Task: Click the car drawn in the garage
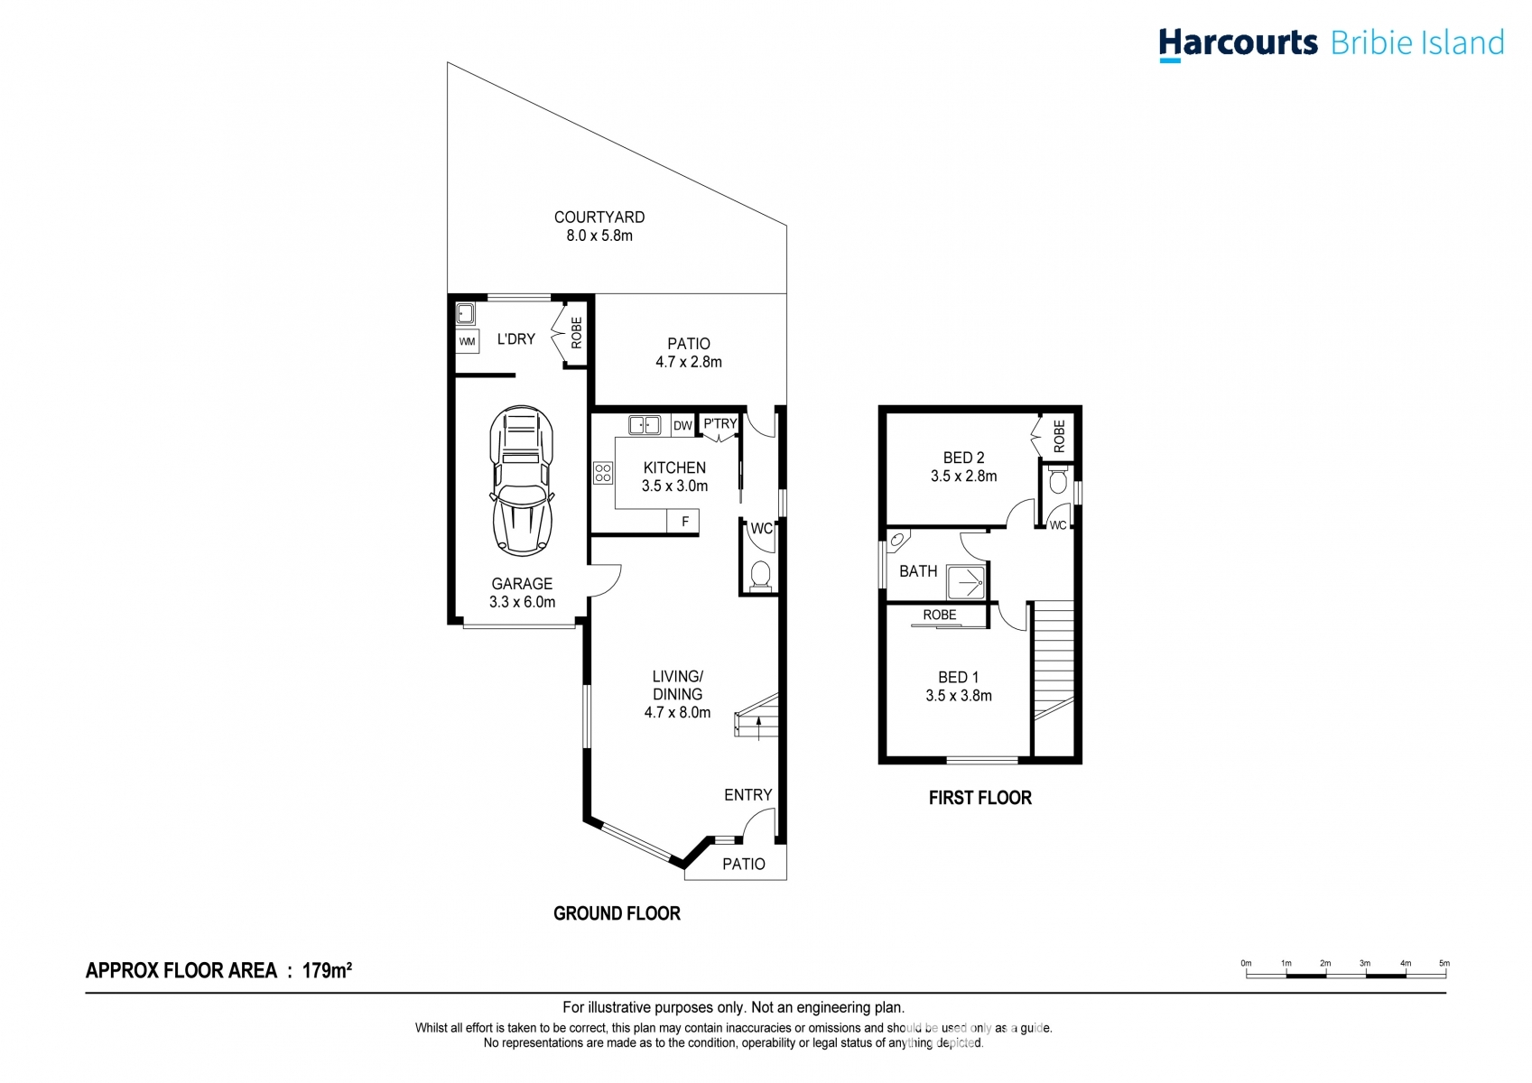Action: click(521, 480)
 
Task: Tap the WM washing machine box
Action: click(467, 341)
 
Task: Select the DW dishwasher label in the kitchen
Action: click(682, 426)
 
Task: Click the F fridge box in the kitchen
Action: click(684, 522)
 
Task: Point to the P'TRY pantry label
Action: click(720, 423)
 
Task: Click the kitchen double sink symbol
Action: click(645, 425)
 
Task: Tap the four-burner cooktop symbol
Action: click(603, 473)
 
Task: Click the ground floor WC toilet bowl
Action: click(761, 575)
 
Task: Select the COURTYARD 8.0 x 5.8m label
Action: click(599, 227)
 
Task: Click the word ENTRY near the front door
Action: click(747, 795)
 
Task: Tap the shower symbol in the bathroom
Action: click(966, 582)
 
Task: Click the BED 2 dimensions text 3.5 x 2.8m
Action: click(963, 477)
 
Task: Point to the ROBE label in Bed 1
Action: click(939, 616)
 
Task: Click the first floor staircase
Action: click(1053, 659)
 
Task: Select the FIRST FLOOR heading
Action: click(980, 798)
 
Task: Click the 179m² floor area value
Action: click(327, 971)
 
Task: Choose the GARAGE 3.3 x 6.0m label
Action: click(522, 593)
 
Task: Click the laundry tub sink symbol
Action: click(465, 314)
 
